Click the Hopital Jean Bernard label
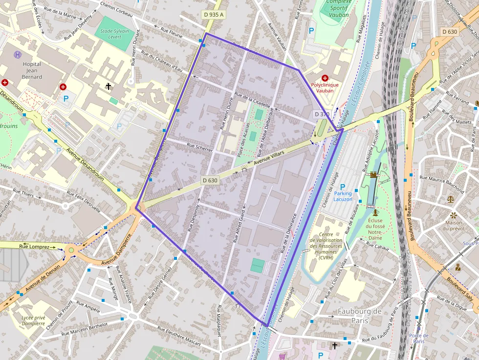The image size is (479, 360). click(32, 70)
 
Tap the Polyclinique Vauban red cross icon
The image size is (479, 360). click(325, 78)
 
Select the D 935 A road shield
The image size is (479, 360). click(213, 15)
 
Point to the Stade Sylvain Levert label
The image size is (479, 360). click(114, 34)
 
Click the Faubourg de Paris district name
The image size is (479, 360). click(360, 316)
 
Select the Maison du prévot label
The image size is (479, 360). click(454, 225)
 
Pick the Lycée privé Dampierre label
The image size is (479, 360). click(33, 320)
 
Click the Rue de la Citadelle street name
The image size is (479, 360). click(252, 100)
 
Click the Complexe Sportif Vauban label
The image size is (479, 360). click(339, 8)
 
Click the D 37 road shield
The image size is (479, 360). click(321, 114)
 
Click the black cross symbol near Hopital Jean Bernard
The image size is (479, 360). click(109, 86)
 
